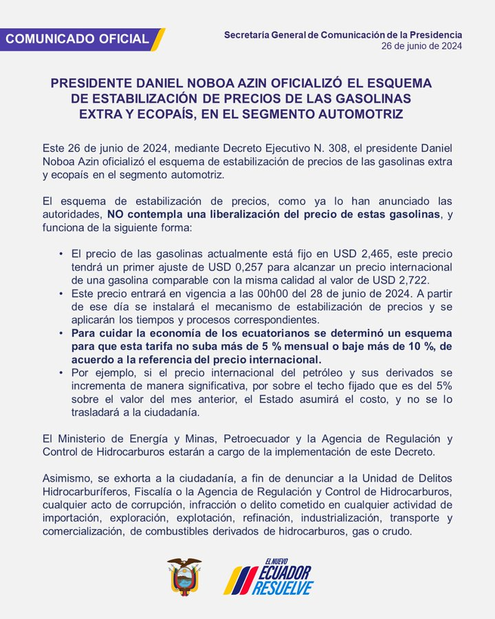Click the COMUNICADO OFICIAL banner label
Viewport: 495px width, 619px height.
pos(77,39)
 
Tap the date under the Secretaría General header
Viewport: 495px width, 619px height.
pos(422,46)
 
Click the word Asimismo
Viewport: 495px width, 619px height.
pos(67,479)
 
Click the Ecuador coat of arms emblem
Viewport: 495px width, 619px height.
pos(184,576)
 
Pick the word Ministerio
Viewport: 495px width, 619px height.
pos(78,439)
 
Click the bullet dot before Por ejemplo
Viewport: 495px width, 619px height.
pos(63,373)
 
